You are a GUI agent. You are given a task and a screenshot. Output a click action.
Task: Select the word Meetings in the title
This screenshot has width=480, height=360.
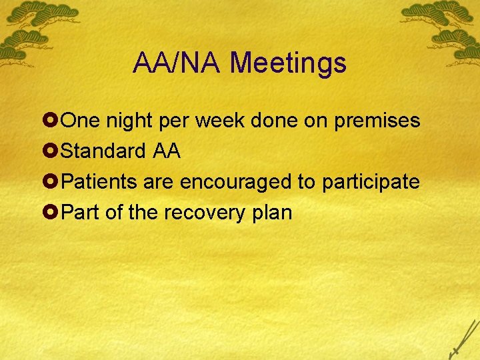[288, 63]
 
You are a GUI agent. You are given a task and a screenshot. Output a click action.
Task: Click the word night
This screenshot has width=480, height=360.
[128, 121]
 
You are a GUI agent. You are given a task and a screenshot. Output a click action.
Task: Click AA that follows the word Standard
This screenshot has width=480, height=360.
[167, 151]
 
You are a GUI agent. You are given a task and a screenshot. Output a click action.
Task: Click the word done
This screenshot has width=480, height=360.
[274, 121]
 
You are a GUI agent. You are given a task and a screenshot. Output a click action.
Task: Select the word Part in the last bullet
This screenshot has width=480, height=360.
[79, 213]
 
